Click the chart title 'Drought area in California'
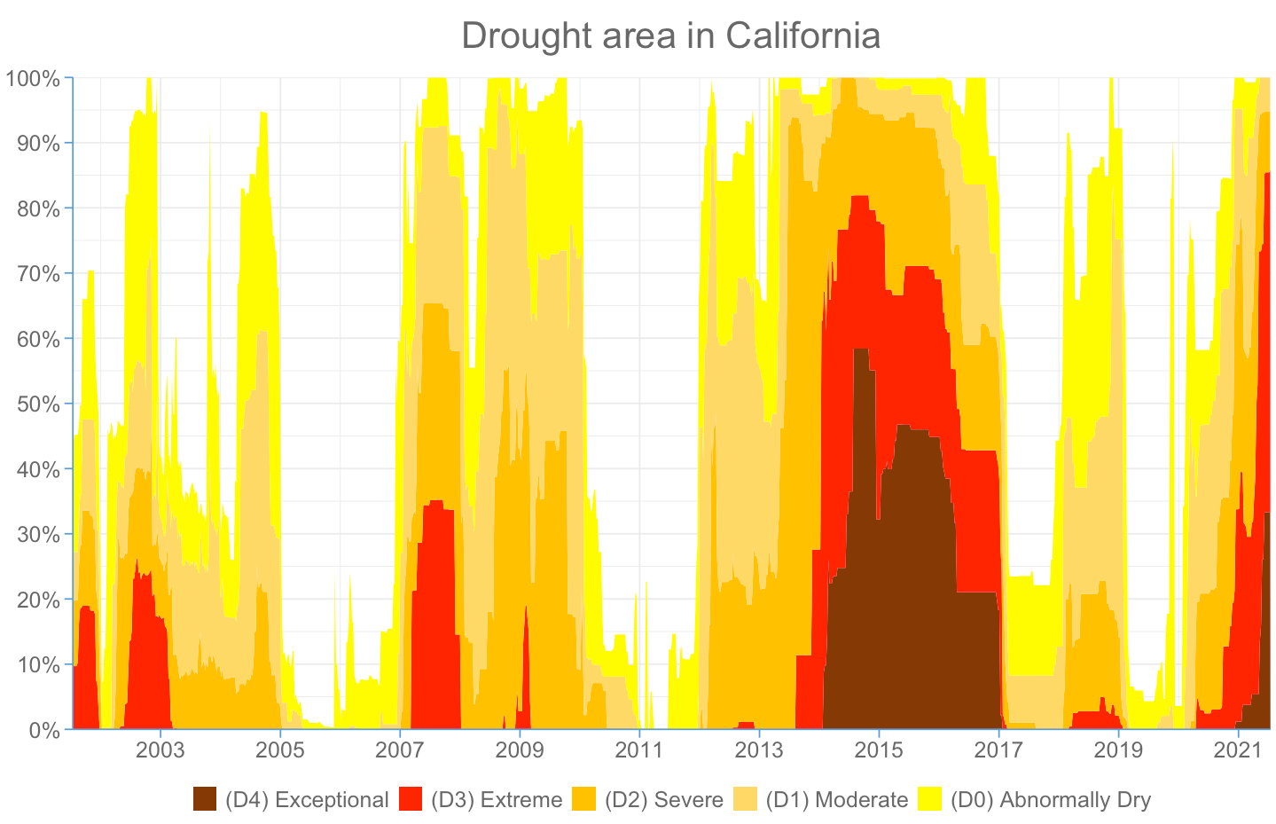pyautogui.click(x=670, y=36)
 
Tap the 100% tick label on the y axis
pyautogui.click(x=33, y=78)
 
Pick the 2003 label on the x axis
pyautogui.click(x=160, y=751)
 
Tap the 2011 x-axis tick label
pyautogui.click(x=639, y=751)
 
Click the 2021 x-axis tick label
pyautogui.click(x=1238, y=751)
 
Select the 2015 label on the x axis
pyautogui.click(x=879, y=751)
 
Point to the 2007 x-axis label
pyautogui.click(x=400, y=751)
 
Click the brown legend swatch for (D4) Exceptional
pyautogui.click(x=205, y=799)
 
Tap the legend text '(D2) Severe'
pyautogui.click(x=664, y=800)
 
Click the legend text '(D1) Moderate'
pyautogui.click(x=837, y=800)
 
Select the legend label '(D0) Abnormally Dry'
pyautogui.click(x=1051, y=800)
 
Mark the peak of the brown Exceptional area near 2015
pyautogui.click(x=860, y=352)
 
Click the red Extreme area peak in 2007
pyautogui.click(x=435, y=504)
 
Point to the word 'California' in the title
pyautogui.click(x=802, y=36)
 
